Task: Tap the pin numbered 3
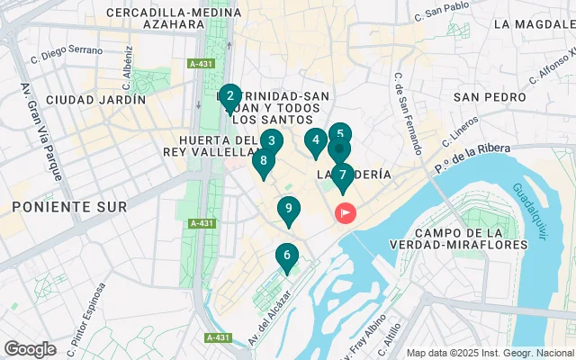click(x=271, y=141)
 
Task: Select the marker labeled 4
click(x=315, y=140)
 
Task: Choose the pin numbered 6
click(x=287, y=256)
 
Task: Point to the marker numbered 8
click(x=263, y=162)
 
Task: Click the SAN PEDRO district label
click(x=490, y=96)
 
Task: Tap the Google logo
click(x=30, y=348)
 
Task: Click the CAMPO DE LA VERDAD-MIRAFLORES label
click(x=440, y=240)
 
